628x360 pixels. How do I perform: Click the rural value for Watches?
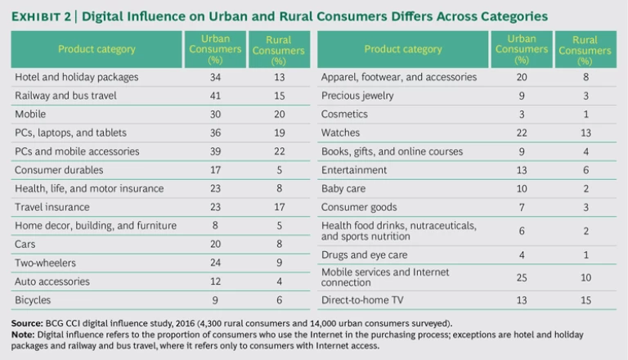click(585, 133)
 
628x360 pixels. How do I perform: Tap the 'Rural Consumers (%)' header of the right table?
click(585, 50)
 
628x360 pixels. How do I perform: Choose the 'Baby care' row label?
click(344, 189)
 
